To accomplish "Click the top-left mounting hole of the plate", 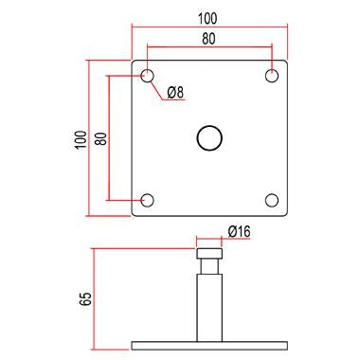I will [147, 75].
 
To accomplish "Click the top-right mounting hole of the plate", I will [272, 75].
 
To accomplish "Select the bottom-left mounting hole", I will [147, 200].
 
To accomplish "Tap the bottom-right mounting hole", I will [272, 200].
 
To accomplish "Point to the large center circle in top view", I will [208, 137].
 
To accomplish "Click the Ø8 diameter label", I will [176, 92].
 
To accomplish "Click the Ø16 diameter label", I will [239, 230].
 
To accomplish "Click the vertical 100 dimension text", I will [79, 138].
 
